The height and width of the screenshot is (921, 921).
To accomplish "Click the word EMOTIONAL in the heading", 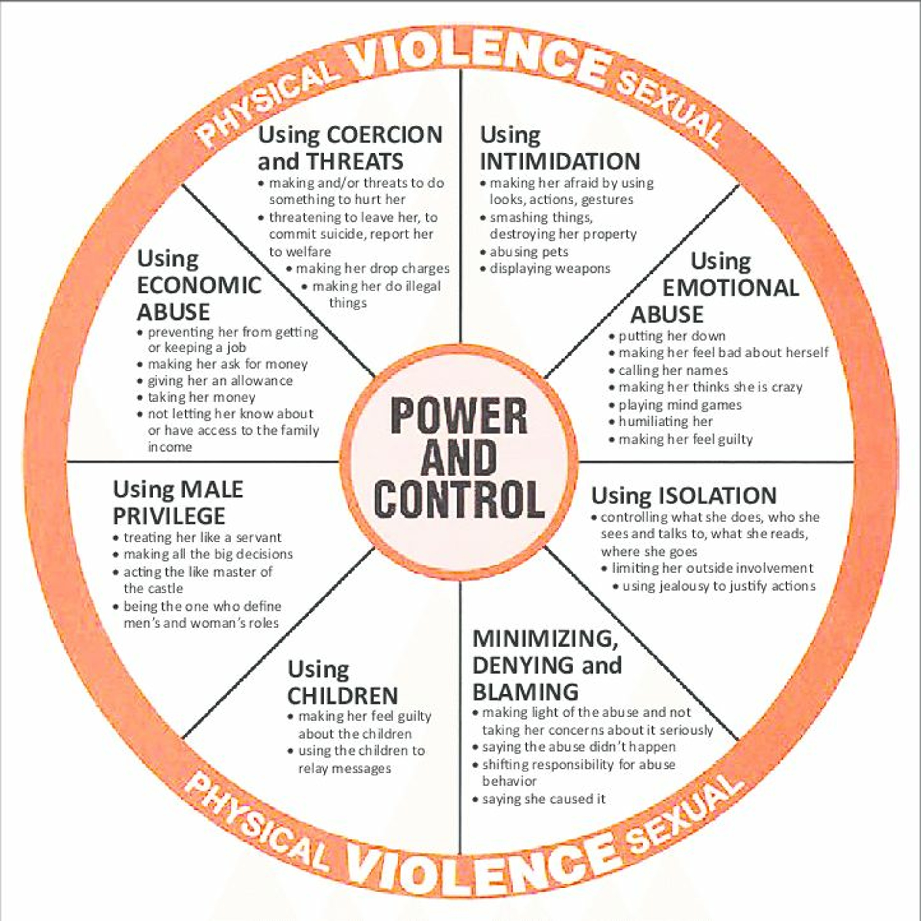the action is pyautogui.click(x=731, y=288).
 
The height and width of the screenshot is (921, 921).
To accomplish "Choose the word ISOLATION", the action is pyautogui.click(x=718, y=496).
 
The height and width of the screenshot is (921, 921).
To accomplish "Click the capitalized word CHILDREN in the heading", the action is pyautogui.click(x=343, y=696).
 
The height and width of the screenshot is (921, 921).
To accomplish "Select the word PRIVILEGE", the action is pyautogui.click(x=169, y=516).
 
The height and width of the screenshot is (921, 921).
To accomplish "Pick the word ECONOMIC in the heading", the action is pyautogui.click(x=199, y=286).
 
